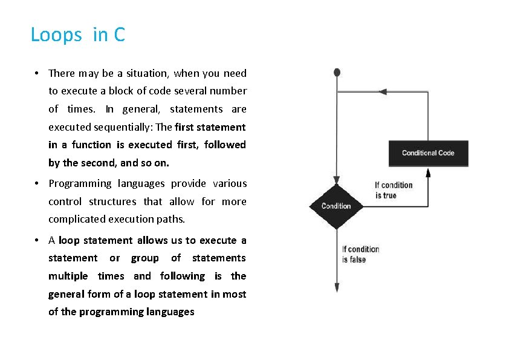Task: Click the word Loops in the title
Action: (56, 35)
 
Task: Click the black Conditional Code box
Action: (428, 153)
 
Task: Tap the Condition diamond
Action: (336, 206)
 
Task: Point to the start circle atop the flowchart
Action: (337, 73)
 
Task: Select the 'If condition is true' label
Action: (394, 190)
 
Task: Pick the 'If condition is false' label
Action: (360, 254)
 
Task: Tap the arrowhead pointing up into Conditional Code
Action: (428, 172)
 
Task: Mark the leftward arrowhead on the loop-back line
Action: (383, 92)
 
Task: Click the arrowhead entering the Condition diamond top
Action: (337, 179)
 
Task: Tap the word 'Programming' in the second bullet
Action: (80, 183)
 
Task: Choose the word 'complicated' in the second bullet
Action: (76, 219)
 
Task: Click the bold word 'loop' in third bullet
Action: (69, 240)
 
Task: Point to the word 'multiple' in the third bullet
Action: (68, 276)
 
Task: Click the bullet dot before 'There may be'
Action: (37, 73)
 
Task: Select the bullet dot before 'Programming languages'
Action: (37, 183)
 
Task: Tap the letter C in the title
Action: (118, 35)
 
